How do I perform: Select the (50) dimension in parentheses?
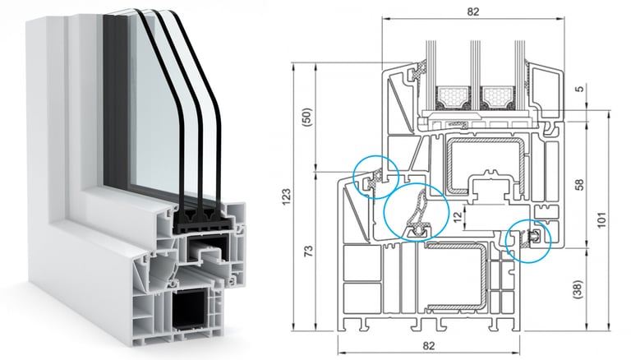click(308, 115)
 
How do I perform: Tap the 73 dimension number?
click(308, 252)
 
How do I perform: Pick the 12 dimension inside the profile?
click(456, 216)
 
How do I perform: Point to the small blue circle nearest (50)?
click(375, 176)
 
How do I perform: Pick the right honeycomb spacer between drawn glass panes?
click(497, 96)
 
